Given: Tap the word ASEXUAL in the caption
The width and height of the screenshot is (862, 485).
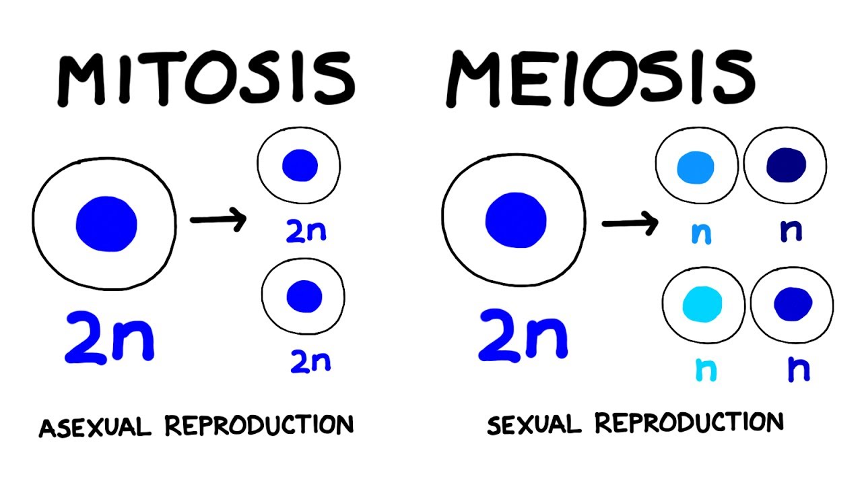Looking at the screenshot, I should click(x=96, y=426).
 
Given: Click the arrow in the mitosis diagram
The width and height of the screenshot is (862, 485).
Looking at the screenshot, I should click(x=218, y=220).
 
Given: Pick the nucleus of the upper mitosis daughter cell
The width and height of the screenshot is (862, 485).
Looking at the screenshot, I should click(x=300, y=165).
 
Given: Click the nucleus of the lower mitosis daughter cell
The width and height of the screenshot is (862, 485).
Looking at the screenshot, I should click(x=304, y=296).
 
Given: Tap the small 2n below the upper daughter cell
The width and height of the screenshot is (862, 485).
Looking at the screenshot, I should click(x=306, y=231).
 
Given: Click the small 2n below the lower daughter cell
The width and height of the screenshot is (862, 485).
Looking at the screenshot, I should click(x=310, y=362).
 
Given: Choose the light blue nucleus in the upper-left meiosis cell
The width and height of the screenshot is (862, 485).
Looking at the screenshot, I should click(x=696, y=167).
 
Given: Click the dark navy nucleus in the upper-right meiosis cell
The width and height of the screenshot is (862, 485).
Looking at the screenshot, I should click(x=786, y=164).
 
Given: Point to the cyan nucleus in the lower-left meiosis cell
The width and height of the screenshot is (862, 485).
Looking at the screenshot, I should click(x=702, y=303).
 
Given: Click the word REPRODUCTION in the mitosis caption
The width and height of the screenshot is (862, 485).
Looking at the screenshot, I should click(x=259, y=425).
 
